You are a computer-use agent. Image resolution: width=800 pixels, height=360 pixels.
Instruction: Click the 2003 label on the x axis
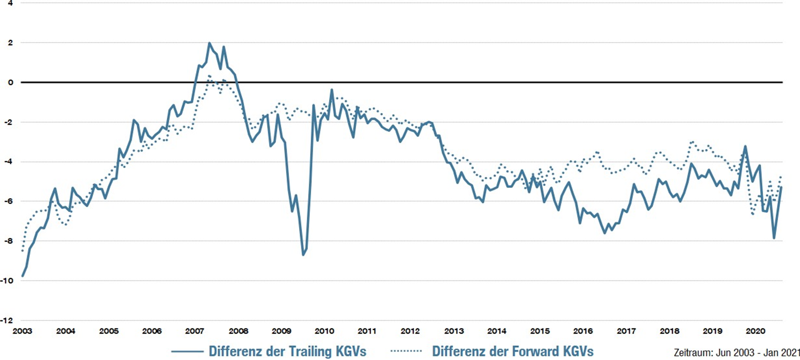(22, 331)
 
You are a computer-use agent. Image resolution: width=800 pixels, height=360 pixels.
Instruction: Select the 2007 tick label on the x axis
(195, 331)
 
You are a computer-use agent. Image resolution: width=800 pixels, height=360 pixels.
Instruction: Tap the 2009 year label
(281, 331)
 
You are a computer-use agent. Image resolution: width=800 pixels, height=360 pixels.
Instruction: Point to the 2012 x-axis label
(410, 331)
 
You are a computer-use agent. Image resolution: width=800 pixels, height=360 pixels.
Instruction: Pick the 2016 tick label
(583, 331)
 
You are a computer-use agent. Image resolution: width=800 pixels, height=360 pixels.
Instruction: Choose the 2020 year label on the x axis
(756, 331)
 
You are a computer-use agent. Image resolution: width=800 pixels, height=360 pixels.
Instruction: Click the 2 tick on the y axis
(11, 43)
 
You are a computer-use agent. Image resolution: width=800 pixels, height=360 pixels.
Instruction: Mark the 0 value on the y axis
(11, 82)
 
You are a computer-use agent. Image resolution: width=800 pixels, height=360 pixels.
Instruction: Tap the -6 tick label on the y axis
(9, 201)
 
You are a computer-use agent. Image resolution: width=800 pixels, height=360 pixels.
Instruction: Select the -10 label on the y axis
(7, 281)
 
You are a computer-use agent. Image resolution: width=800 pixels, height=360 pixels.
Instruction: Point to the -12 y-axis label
(7, 320)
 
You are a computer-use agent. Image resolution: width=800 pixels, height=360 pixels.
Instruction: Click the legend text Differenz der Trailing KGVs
(287, 351)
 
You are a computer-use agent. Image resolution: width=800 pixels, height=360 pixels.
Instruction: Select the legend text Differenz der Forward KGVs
(513, 351)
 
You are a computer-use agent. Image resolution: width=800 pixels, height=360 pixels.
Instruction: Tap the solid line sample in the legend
(187, 351)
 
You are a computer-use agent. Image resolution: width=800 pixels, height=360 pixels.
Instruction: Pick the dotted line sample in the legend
(406, 351)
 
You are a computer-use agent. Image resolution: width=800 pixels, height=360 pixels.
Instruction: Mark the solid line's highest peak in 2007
(209, 43)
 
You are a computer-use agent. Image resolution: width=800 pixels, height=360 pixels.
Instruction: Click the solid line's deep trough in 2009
(303, 255)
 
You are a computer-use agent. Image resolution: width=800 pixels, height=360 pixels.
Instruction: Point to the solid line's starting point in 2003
(22, 276)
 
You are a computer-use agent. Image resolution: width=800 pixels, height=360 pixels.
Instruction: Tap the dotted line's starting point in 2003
(22, 251)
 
